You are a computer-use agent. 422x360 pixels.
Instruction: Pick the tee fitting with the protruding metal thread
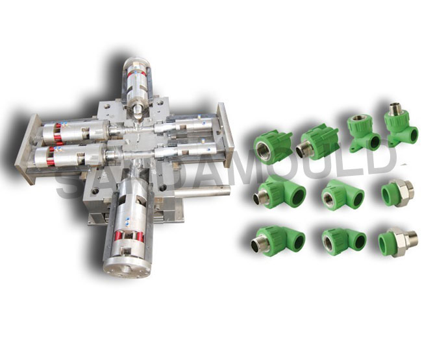click(x=279, y=191)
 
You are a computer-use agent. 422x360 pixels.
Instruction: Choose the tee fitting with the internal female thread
click(x=343, y=195)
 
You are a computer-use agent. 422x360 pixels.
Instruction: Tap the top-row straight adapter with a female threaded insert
click(x=273, y=147)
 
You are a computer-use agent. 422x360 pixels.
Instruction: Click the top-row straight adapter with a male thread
click(x=317, y=143)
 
